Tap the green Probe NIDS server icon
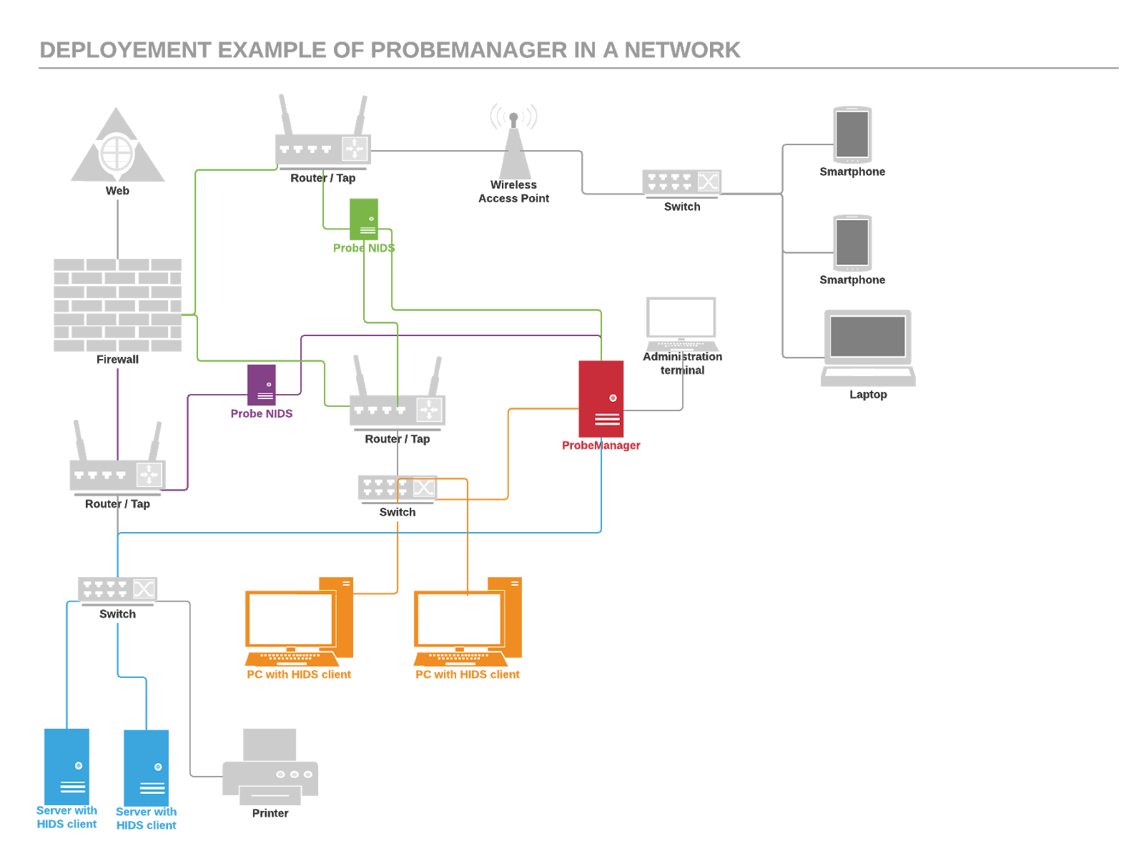pos(363,218)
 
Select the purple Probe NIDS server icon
pos(262,385)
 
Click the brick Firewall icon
pos(117,305)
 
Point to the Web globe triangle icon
pos(117,149)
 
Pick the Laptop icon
pos(868,348)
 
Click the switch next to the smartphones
pos(681,182)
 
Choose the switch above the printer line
pos(117,589)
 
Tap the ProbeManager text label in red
pos(601,446)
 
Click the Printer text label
pos(270,813)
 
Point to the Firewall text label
pos(117,359)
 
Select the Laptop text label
pos(868,395)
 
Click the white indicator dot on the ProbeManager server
pos(613,398)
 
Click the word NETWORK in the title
pos(682,50)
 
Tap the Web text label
pos(117,191)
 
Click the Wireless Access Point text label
pos(513,192)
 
